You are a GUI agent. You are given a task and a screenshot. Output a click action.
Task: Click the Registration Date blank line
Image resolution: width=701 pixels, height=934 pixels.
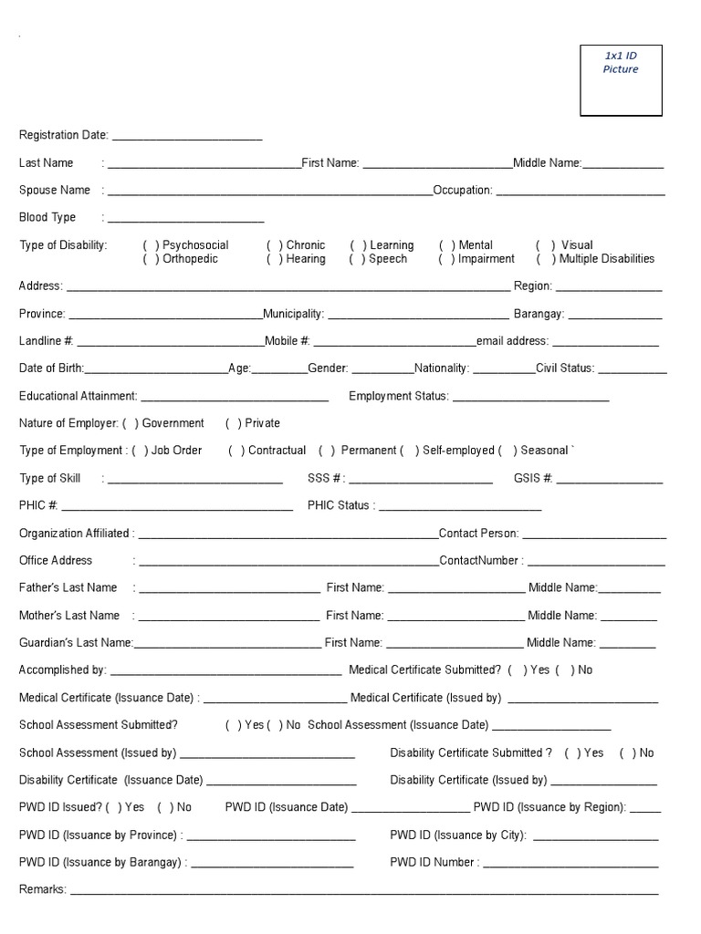(186, 137)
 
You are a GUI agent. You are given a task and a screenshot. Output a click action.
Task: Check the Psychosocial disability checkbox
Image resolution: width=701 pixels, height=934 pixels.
(151, 245)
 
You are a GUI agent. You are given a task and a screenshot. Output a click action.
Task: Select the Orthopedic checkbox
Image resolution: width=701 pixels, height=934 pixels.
(151, 259)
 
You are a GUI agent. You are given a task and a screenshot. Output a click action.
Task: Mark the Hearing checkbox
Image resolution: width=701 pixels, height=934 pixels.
(274, 259)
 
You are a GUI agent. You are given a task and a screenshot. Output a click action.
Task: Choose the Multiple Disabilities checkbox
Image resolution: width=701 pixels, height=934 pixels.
(547, 259)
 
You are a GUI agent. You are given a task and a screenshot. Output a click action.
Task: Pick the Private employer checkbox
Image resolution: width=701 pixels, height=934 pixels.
(234, 423)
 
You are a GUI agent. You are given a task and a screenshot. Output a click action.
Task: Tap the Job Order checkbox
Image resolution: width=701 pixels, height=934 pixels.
(140, 451)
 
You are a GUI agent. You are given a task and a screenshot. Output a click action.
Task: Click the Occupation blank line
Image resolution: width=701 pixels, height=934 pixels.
(581, 192)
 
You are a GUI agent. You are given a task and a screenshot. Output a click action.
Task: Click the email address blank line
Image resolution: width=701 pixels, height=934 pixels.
(605, 343)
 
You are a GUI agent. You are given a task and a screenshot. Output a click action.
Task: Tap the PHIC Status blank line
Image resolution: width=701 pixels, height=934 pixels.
(459, 508)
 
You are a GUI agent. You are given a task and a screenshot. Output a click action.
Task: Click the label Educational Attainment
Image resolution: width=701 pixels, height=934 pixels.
(78, 396)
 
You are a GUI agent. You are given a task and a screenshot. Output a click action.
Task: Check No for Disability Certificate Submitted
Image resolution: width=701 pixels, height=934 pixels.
(628, 753)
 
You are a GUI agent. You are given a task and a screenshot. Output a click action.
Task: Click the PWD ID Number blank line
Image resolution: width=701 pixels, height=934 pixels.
(569, 865)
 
